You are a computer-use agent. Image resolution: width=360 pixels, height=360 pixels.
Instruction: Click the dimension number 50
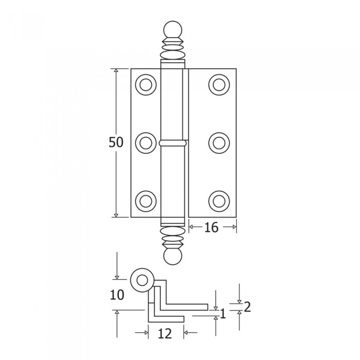click(116, 142)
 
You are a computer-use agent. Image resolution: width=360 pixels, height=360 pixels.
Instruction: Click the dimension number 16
click(211, 227)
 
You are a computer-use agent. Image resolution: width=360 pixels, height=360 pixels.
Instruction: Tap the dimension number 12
click(165, 334)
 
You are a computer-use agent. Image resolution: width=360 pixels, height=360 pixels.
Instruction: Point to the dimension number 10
click(117, 295)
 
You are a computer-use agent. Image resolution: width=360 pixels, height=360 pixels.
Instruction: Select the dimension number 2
click(247, 307)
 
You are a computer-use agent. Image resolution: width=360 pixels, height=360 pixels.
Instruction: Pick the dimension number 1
click(223, 314)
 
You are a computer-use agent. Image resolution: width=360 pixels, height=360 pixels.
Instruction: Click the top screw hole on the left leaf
click(146, 85)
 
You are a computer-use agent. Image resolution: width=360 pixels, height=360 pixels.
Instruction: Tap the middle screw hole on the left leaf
click(146, 143)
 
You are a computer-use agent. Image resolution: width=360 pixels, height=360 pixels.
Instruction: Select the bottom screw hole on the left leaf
click(146, 201)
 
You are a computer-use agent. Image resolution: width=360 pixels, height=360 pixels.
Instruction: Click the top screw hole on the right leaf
click(219, 85)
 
